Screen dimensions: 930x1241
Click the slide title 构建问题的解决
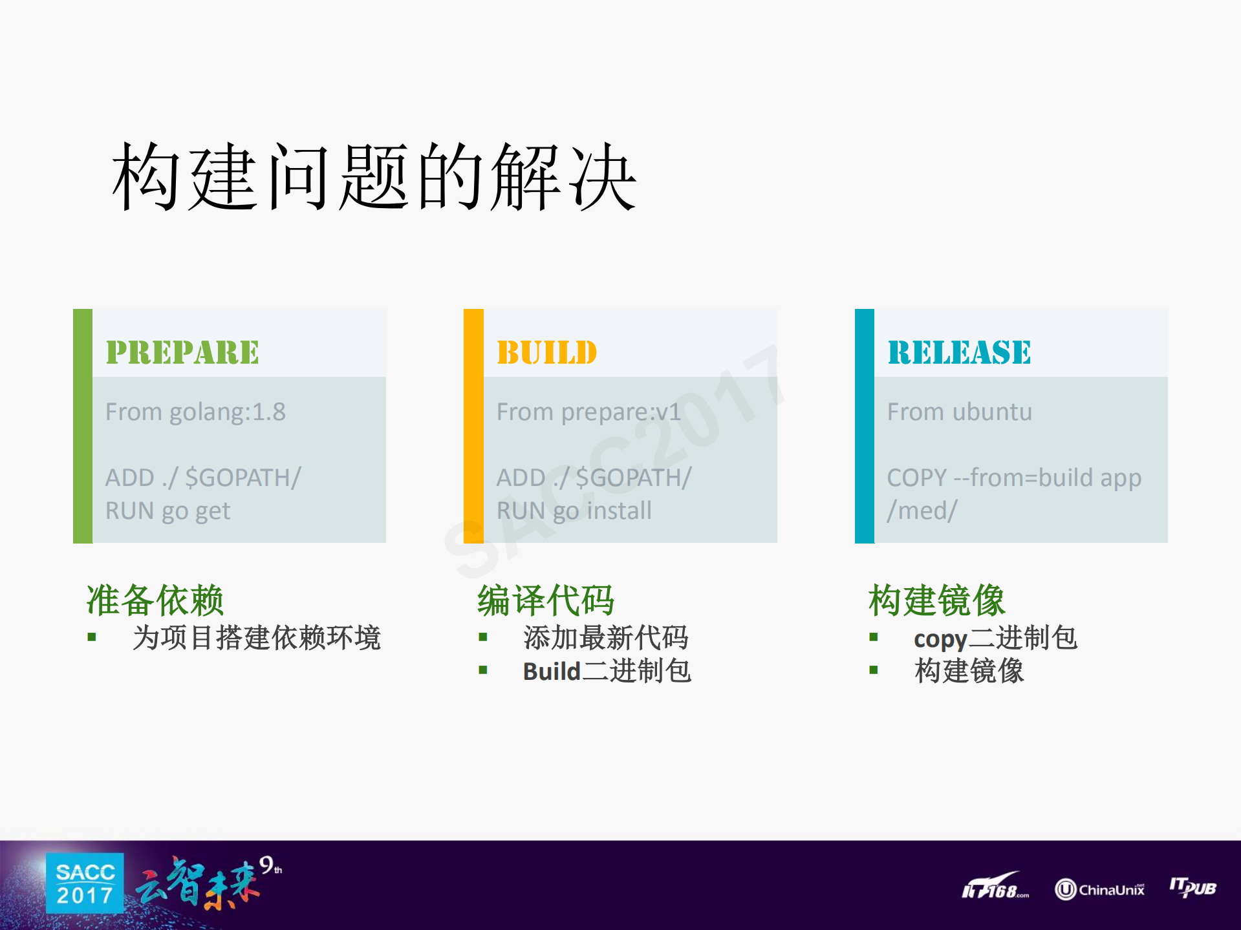point(374,177)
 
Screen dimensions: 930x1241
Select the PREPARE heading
point(182,353)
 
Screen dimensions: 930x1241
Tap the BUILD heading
point(546,353)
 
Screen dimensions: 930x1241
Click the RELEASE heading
point(959,353)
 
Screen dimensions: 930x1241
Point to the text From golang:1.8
point(195,412)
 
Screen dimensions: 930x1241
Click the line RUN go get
point(167,511)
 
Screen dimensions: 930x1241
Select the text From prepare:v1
point(588,412)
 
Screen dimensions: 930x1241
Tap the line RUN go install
point(574,511)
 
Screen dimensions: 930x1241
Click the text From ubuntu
point(960,412)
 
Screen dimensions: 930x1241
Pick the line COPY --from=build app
point(1014,478)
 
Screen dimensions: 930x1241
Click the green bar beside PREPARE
point(83,426)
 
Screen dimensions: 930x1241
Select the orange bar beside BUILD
point(473,426)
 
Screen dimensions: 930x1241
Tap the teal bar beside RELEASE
point(865,426)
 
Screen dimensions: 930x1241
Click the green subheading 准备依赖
point(155,600)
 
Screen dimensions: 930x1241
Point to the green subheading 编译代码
point(546,600)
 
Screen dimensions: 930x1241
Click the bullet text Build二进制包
point(607,671)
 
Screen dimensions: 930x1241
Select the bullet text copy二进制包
point(995,639)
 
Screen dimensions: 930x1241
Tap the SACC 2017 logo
point(85,883)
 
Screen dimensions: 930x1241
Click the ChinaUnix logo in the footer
point(1099,889)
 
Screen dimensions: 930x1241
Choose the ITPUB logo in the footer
point(1193,887)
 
